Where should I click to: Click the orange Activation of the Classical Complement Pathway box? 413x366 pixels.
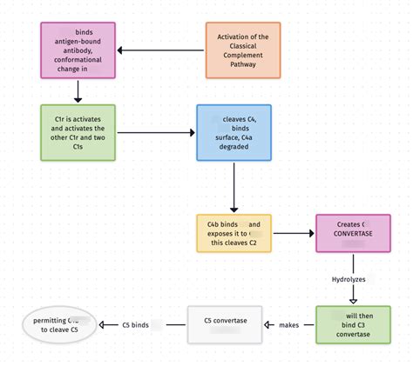[x=243, y=50]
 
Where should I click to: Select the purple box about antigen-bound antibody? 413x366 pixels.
[x=78, y=50]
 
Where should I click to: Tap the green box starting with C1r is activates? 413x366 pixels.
[x=78, y=133]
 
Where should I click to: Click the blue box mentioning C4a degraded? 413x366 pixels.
[x=233, y=133]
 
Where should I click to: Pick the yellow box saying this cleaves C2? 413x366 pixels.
[x=233, y=233]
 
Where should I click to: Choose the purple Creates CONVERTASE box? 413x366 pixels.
[x=352, y=233]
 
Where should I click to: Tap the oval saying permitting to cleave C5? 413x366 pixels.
[x=61, y=324]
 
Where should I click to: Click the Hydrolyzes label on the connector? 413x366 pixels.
[x=349, y=279]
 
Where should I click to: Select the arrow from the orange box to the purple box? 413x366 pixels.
[x=161, y=50]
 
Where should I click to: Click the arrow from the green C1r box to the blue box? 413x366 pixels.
[x=157, y=133]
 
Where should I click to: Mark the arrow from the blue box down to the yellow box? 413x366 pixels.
[x=233, y=187]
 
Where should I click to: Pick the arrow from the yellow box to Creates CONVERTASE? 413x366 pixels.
[x=293, y=233]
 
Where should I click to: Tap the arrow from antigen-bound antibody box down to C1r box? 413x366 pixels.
[x=78, y=90]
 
